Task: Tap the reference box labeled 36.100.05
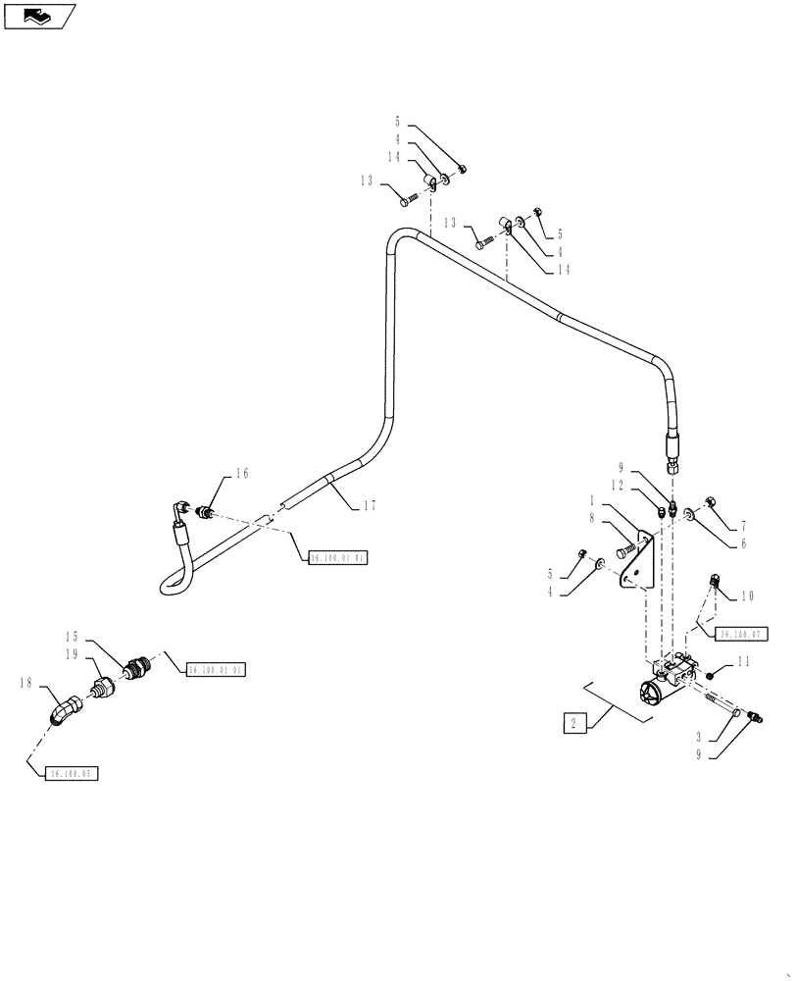point(74,773)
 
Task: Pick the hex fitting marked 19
point(104,686)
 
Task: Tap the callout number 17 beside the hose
point(370,506)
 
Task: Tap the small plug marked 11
point(713,676)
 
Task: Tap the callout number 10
point(747,595)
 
